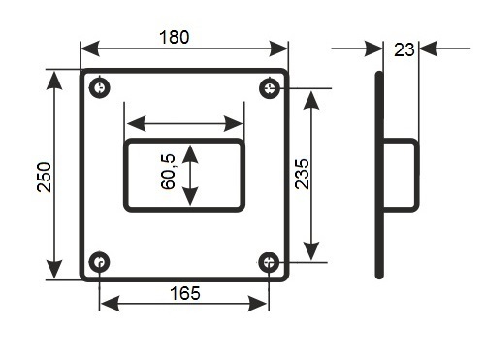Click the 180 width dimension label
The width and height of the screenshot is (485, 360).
(x=174, y=37)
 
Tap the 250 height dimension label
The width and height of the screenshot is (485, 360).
(x=45, y=178)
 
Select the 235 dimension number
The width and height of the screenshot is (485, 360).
(x=303, y=174)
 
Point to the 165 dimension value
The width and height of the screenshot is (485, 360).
(x=185, y=293)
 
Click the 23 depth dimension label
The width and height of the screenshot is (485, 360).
(x=404, y=49)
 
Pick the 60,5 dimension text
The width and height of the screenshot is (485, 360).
(x=168, y=172)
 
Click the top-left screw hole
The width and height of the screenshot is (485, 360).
(x=100, y=87)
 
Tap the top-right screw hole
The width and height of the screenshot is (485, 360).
(x=270, y=87)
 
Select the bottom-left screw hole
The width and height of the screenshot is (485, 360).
(x=99, y=262)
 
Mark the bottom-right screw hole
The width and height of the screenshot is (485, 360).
(x=269, y=262)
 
